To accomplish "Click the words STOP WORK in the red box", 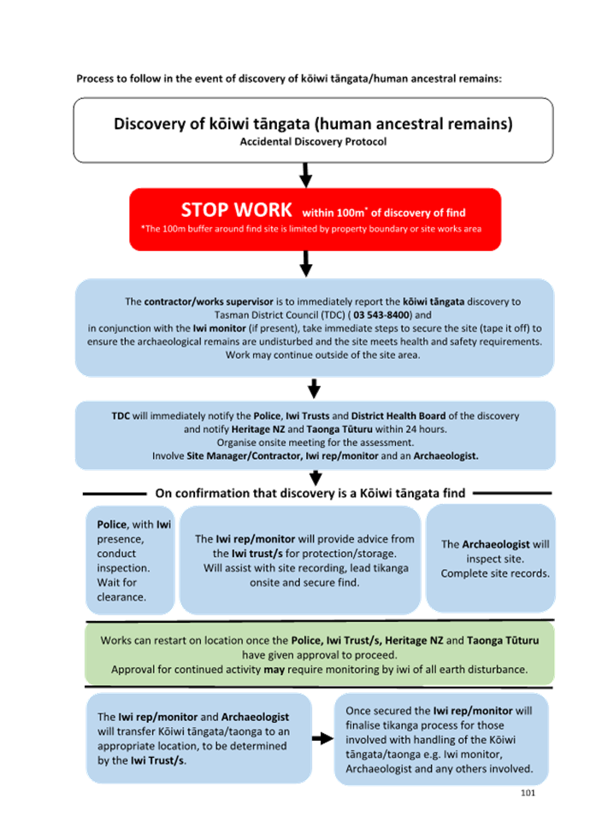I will tap(237, 209).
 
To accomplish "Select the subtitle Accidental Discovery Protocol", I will tap(313, 142).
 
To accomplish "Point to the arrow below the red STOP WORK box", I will tap(305, 264).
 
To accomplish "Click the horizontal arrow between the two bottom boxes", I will tap(322, 737).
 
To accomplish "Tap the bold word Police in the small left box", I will tap(112, 524).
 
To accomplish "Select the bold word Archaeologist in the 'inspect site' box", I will tap(496, 544).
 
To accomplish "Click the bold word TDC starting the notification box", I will tap(121, 416).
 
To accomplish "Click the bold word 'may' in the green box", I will tap(274, 669).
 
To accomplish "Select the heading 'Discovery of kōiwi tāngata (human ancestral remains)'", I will tap(313, 124).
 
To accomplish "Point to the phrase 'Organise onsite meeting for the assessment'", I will tap(314, 443).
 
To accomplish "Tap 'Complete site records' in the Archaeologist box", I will tap(495, 573).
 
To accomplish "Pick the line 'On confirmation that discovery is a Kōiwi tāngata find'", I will tap(310, 493).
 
